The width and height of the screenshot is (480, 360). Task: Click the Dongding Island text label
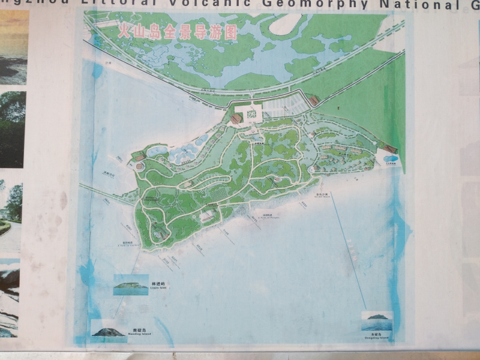point(377,337)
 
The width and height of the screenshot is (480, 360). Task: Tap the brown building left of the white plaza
point(236,119)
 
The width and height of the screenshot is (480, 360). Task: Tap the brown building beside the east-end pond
point(391,149)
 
